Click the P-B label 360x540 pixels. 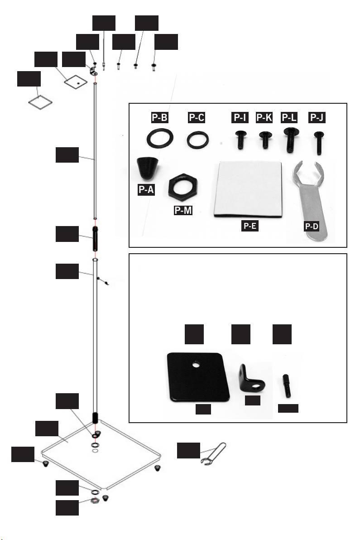point(159,118)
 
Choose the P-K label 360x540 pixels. point(265,118)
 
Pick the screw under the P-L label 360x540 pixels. point(289,140)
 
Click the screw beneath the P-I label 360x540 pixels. point(239,140)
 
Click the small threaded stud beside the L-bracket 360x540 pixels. point(288,385)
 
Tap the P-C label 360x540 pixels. point(197,118)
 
